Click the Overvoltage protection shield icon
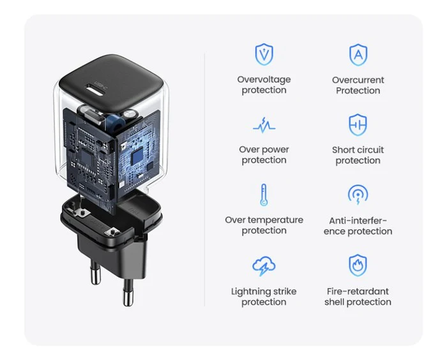(x=264, y=54)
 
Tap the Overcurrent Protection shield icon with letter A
(x=358, y=55)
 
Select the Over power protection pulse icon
(x=264, y=125)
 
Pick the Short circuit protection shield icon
(x=358, y=125)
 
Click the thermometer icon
(x=264, y=195)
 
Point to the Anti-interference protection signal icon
(x=358, y=195)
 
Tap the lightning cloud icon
(x=264, y=266)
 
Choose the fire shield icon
(x=358, y=266)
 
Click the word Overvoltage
(x=264, y=80)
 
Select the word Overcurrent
(x=358, y=80)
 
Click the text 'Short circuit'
(x=358, y=150)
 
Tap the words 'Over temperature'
(x=264, y=220)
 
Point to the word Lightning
(x=248, y=292)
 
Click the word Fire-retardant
(x=358, y=291)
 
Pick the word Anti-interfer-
(x=358, y=221)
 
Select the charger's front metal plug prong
(x=128, y=292)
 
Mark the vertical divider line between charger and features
(x=205, y=179)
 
